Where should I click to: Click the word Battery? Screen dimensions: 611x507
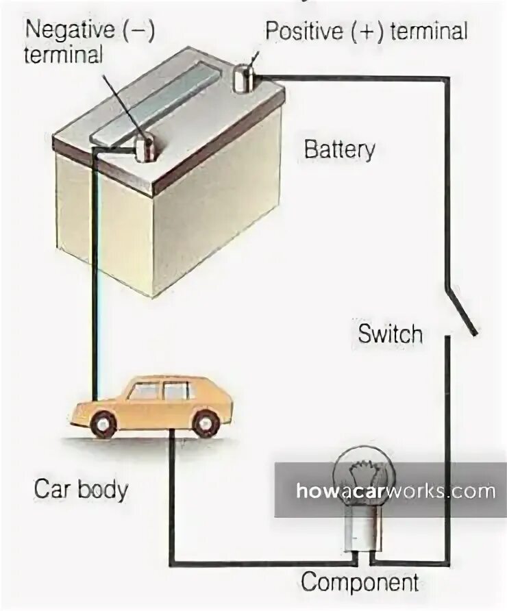coord(339,149)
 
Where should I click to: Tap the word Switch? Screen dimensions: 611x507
coord(390,334)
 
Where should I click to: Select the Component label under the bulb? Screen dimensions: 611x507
coord(360,583)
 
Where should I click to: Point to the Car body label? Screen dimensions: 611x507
coord(81,490)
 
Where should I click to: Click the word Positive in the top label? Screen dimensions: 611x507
coord(304,31)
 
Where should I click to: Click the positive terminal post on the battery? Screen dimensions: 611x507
coord(243,78)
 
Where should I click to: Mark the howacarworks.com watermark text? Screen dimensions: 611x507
coord(395,490)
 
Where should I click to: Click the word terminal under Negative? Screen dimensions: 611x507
coord(63,55)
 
